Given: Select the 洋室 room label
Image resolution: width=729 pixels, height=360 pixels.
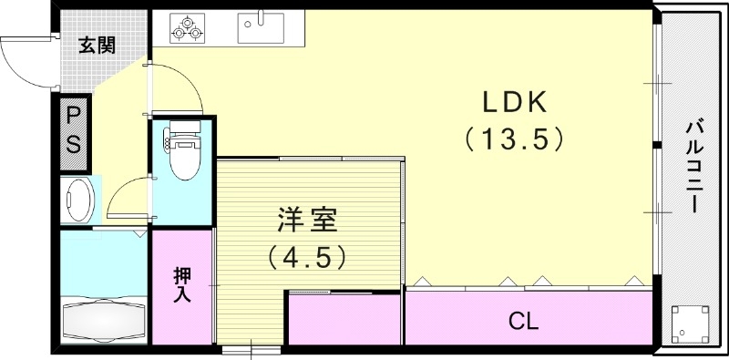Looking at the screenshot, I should pos(307,221).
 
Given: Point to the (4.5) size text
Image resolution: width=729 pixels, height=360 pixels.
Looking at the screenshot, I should pos(307,258).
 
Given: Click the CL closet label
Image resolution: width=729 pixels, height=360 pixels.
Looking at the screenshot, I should pos(523,320).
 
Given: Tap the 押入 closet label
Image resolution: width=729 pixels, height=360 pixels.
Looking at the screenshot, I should pos(182,284).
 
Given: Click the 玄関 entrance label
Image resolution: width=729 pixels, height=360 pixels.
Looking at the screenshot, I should pos(96,46).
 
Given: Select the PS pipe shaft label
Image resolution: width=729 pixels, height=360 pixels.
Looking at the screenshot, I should pos(73,131).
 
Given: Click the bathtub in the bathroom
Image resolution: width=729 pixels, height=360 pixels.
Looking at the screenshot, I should pos(102,320).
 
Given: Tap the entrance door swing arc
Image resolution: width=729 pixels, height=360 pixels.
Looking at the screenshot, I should pos(26,60).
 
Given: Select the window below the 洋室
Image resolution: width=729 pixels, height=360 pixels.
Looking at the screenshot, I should pos(251,350).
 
